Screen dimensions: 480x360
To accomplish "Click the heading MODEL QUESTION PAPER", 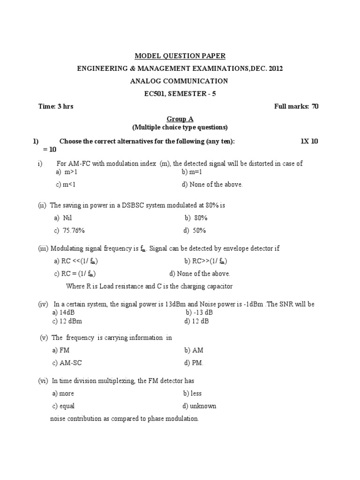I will (180, 56).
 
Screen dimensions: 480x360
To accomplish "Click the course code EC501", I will (154, 94).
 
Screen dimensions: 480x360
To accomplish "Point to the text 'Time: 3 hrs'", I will (56, 106).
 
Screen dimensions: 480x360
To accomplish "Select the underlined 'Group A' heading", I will (180, 120).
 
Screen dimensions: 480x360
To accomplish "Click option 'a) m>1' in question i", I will (66, 172).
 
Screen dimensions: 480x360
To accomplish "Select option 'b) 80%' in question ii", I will (196, 218).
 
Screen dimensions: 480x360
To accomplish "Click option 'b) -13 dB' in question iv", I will (199, 312).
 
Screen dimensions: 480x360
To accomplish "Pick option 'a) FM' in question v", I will (61, 350).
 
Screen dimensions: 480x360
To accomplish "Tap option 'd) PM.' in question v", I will (194, 363).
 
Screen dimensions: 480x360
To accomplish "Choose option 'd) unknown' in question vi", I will (199, 406).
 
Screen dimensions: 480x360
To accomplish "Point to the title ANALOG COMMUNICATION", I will (179, 81).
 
